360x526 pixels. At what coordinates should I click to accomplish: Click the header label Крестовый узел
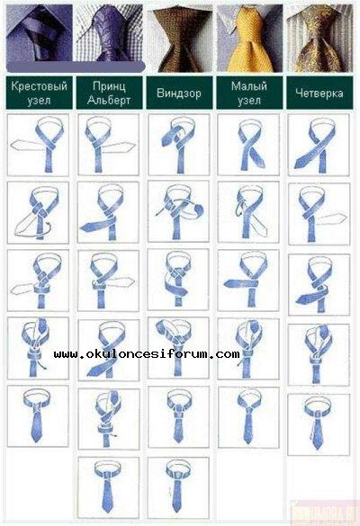click(x=39, y=93)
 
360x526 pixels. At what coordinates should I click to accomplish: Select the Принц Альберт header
click(x=109, y=93)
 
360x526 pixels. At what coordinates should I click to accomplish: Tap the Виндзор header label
click(x=179, y=93)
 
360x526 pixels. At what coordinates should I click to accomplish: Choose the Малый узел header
click(x=249, y=93)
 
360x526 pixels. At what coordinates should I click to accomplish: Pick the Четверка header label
click(x=319, y=93)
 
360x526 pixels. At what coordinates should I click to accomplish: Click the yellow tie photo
click(x=249, y=39)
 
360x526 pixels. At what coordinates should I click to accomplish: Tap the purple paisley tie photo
click(x=110, y=33)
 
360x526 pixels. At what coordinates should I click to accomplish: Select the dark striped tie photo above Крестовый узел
click(x=40, y=33)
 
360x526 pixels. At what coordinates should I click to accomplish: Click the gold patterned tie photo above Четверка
click(x=319, y=39)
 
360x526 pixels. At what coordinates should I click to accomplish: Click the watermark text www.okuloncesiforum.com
click(x=147, y=354)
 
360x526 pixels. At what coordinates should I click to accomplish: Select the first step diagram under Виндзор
click(x=179, y=145)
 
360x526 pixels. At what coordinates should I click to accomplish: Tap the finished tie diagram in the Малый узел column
click(x=248, y=417)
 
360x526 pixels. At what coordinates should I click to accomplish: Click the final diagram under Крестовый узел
click(x=38, y=416)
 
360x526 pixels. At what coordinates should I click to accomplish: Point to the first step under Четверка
click(x=319, y=145)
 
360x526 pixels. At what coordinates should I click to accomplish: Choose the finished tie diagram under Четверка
click(x=319, y=424)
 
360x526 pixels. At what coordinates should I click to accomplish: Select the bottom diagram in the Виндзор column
click(x=178, y=487)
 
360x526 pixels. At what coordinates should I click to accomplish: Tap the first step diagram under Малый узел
click(x=248, y=145)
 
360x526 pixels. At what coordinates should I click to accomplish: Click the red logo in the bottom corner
click(x=324, y=513)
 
